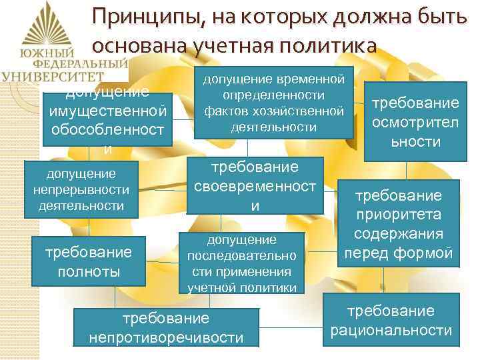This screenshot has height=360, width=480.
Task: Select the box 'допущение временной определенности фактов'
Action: (x=273, y=103)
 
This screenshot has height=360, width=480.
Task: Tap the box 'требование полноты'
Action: (x=88, y=261)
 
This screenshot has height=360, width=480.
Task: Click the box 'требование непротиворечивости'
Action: (x=166, y=328)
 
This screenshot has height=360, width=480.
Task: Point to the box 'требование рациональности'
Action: (x=391, y=321)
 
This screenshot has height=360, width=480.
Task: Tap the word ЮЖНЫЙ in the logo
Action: (x=46, y=53)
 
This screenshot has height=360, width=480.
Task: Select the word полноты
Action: (x=88, y=271)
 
